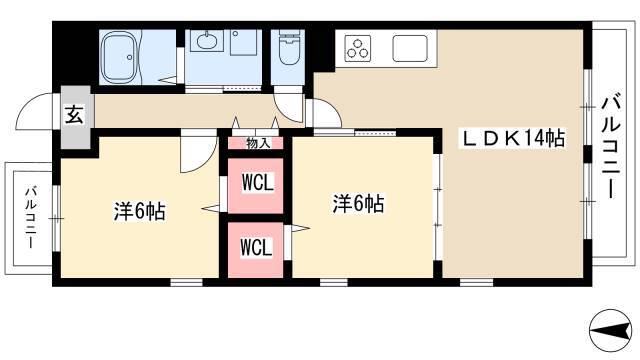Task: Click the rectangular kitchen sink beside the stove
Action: point(410,47)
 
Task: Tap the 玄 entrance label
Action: point(75,113)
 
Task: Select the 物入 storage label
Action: point(258,143)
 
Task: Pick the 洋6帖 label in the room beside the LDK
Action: point(358,204)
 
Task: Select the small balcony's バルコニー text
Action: point(30,218)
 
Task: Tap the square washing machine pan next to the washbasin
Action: point(245,42)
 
